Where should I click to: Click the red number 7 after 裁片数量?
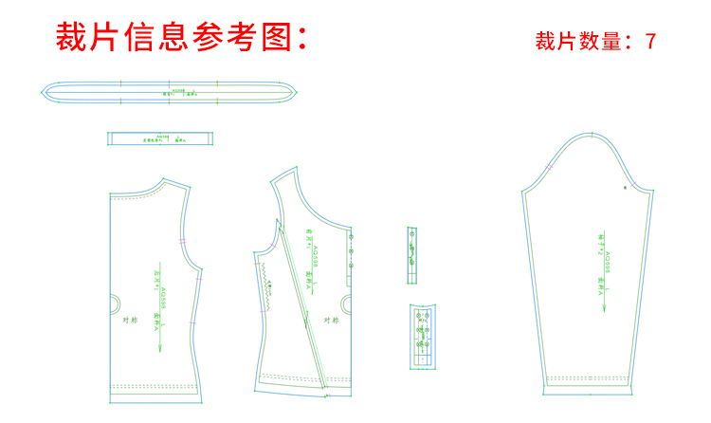(x=650, y=42)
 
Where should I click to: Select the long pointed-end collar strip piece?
(x=171, y=91)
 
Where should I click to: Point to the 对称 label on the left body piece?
(x=131, y=320)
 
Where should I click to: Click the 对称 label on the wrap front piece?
(x=331, y=320)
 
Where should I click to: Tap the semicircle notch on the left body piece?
(x=114, y=303)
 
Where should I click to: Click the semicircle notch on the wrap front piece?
(x=346, y=303)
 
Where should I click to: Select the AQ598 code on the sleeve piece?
(x=606, y=263)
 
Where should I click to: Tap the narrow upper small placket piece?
(x=412, y=254)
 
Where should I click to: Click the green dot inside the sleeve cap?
(x=625, y=189)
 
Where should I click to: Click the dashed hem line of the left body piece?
(x=156, y=386)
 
